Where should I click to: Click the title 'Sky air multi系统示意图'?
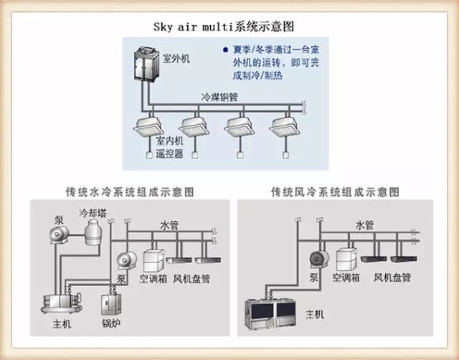(224, 26)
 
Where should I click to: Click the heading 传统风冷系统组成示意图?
(334, 192)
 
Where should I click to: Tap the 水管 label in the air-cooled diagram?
(365, 224)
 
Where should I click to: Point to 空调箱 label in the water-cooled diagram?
(154, 278)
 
